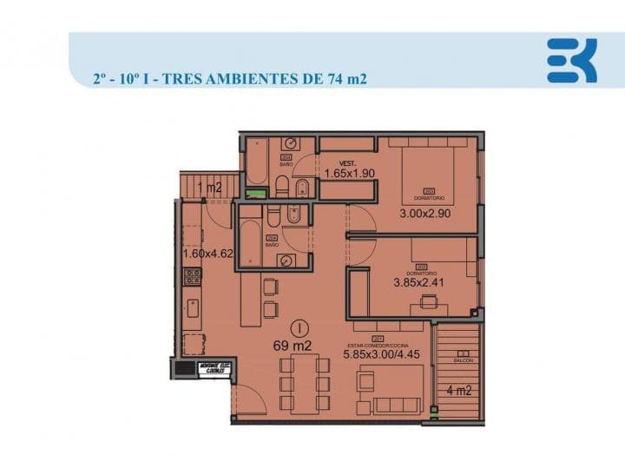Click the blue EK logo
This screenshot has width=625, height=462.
pos(571,61)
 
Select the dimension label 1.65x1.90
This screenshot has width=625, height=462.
pos(349,173)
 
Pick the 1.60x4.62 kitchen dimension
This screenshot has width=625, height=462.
pos(207,254)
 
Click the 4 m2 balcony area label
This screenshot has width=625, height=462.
pos(458,391)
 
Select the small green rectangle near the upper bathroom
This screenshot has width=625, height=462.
pos(254,194)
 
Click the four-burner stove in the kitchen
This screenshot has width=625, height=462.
pos(193,277)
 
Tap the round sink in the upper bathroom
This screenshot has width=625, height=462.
pos(291,144)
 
